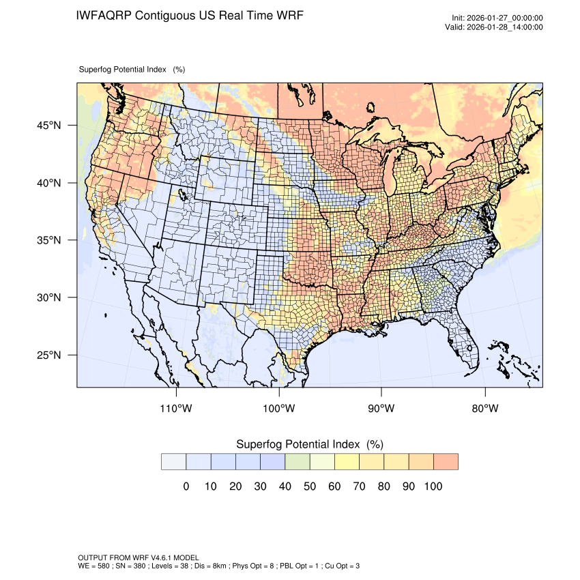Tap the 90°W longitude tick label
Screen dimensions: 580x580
(381, 409)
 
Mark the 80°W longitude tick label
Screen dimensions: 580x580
(485, 409)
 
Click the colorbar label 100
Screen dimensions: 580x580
(433, 487)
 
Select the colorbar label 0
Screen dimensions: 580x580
(186, 487)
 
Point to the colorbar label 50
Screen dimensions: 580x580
(310, 487)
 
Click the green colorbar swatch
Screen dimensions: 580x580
(298, 462)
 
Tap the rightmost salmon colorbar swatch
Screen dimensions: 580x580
(446, 462)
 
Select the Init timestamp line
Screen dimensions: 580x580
(497, 18)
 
